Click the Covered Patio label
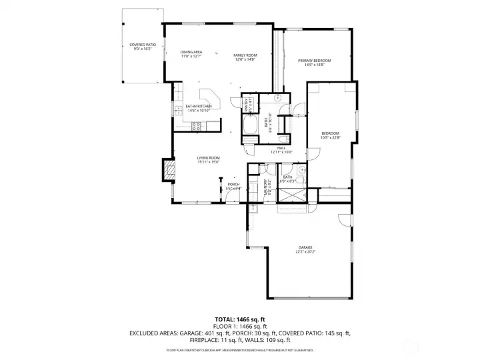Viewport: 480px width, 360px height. (143, 45)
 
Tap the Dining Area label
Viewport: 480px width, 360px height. (191, 52)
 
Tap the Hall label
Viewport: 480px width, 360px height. (282, 148)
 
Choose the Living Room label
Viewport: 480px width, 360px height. (208, 158)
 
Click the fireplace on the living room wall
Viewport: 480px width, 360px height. (170, 171)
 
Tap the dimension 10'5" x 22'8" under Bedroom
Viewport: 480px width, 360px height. (331, 137)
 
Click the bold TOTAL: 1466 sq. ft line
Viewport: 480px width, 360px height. (239, 319)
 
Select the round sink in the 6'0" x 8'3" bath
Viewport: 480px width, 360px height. (301, 170)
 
